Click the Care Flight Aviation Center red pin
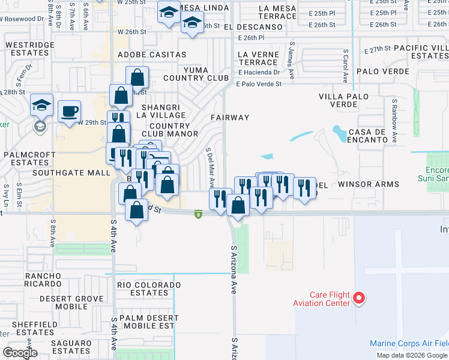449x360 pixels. [x=359, y=298]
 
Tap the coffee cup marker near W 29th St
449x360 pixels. [x=70, y=111]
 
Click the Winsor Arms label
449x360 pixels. [x=369, y=185]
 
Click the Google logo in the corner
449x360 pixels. [x=20, y=353]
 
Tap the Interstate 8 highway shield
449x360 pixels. [x=197, y=214]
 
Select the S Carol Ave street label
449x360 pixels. [x=345, y=68]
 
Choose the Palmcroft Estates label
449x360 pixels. [x=26, y=158]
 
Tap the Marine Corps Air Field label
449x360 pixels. [x=408, y=344]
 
